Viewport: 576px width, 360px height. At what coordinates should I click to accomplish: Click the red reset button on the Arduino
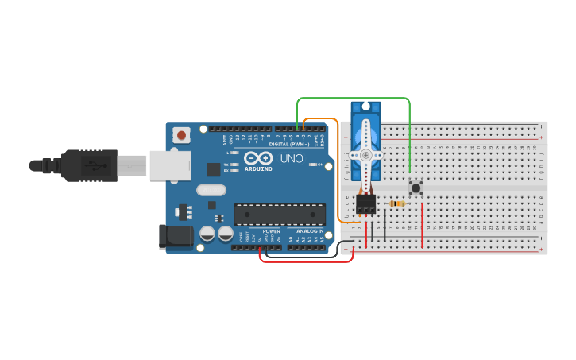[x=182, y=135]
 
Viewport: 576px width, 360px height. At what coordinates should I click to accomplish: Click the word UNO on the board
[x=292, y=158]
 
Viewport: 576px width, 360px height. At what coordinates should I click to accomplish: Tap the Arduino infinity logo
[x=258, y=157]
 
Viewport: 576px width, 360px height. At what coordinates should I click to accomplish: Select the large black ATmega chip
[x=279, y=215]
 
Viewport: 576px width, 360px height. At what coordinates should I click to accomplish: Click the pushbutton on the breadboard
[x=416, y=188]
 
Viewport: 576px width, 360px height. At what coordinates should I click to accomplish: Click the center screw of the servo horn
[x=365, y=155]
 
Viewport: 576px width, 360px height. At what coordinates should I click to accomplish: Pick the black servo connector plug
[x=365, y=203]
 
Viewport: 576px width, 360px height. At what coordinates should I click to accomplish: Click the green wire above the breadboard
[x=354, y=99]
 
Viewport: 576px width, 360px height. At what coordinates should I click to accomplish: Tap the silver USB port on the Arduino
[x=170, y=165]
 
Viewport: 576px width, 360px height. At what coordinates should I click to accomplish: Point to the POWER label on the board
[x=271, y=231]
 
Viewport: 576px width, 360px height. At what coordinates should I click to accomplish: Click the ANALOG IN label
[x=310, y=231]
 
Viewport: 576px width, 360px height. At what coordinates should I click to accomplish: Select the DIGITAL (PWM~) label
[x=289, y=144]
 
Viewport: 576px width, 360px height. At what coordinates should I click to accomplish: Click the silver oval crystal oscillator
[x=211, y=190]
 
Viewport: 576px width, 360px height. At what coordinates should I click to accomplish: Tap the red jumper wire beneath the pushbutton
[x=422, y=226]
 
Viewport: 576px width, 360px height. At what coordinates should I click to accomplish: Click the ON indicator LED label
[x=320, y=165]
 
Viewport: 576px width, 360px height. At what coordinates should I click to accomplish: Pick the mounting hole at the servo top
[x=365, y=106]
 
